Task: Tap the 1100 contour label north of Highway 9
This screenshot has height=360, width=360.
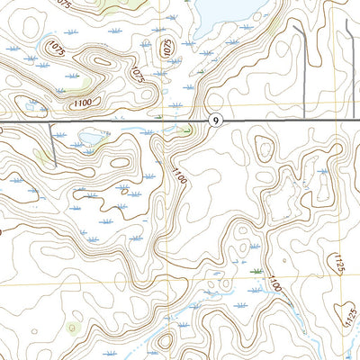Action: pyautogui.click(x=83, y=104)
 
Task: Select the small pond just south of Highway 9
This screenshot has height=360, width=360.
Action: pyautogui.click(x=90, y=138)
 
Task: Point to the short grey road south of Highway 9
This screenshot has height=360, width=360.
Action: pyautogui.click(x=51, y=148)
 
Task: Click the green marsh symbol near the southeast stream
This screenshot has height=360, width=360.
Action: pyautogui.click(x=257, y=270)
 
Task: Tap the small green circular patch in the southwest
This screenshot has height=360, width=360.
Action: pyautogui.click(x=74, y=327)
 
